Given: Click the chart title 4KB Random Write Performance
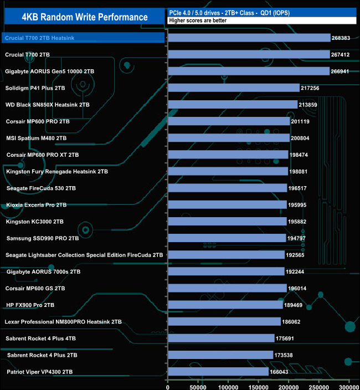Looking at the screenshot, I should (x=85, y=17).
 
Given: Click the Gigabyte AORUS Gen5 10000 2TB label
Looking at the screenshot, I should (x=49, y=71).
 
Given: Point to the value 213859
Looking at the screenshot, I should (x=311, y=105).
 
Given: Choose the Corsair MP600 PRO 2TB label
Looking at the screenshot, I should (x=38, y=121).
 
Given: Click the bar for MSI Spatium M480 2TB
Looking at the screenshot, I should (x=229, y=138).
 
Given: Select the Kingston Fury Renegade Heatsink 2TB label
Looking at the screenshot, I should (x=57, y=172).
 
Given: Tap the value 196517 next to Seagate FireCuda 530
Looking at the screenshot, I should (x=300, y=188).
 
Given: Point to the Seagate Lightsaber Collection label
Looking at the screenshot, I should (x=84, y=255).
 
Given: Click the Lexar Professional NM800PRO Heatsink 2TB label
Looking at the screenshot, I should (x=63, y=322).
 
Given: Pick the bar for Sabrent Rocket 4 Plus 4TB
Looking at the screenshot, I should (x=222, y=338).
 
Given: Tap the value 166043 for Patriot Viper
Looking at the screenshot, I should (x=281, y=372).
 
